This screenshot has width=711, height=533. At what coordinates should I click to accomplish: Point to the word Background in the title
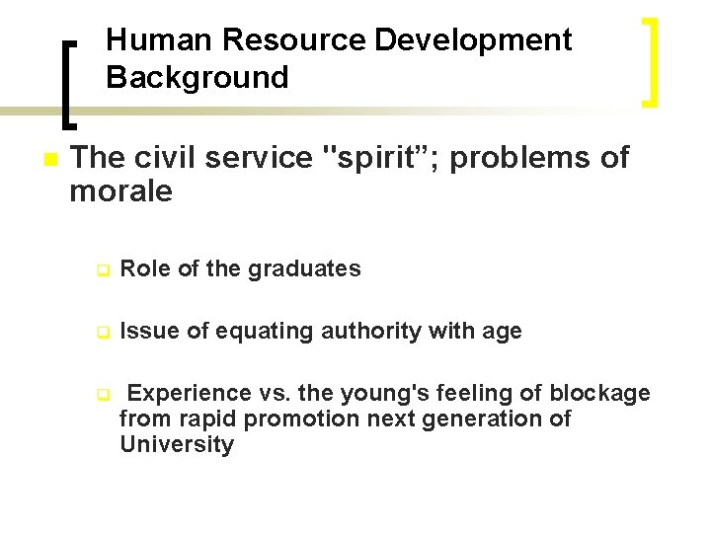pos(197,77)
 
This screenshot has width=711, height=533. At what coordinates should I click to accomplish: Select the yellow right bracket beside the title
pos(650,61)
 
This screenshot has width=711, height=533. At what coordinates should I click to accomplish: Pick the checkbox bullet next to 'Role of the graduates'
pos(101,269)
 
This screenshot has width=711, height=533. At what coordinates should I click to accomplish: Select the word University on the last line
pos(177,445)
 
